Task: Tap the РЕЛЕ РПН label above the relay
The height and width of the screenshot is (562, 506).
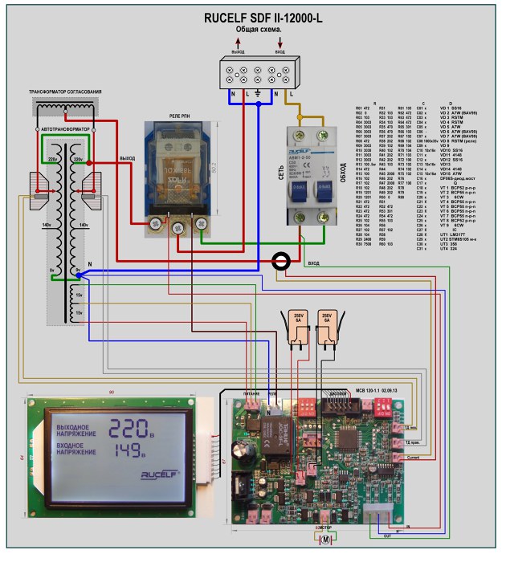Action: point(179,114)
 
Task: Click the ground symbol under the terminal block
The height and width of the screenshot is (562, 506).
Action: point(256,93)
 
